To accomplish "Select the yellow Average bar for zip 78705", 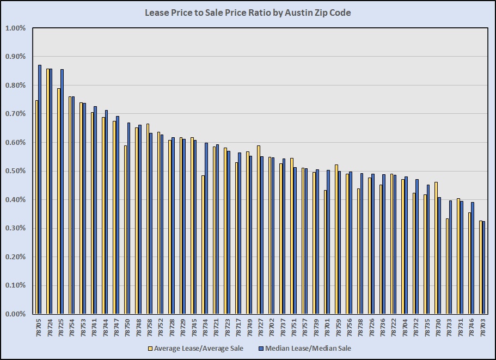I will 36,207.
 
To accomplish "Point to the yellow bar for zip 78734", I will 203,245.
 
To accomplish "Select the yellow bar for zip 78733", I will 448,266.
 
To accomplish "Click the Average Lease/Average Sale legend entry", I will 195,348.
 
